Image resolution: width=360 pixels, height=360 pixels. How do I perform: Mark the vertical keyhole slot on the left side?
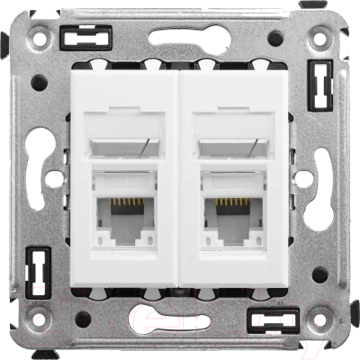pyautogui.click(x=42, y=180)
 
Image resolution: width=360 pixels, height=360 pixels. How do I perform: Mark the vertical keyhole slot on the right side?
pyautogui.click(x=318, y=180)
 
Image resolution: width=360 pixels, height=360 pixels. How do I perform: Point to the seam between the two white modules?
pyautogui.click(x=180, y=180)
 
